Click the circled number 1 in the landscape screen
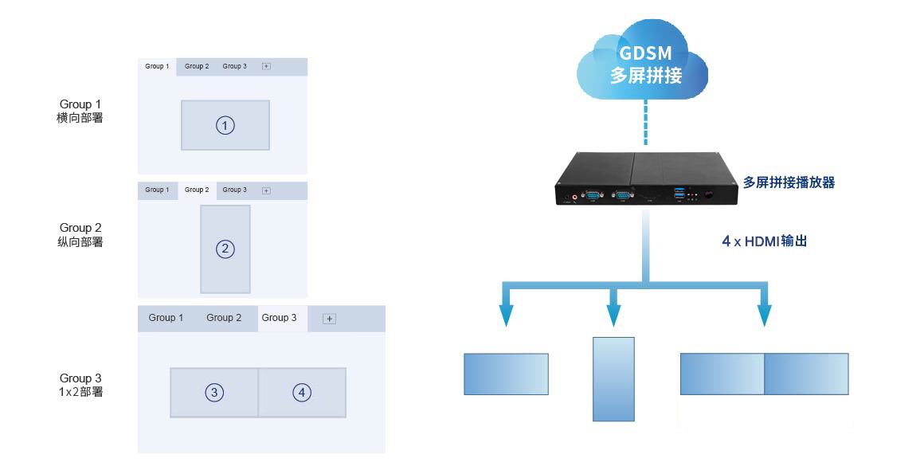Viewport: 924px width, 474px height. point(225,126)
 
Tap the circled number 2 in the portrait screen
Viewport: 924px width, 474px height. point(225,249)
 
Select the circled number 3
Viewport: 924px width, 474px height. point(214,393)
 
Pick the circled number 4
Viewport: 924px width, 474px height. point(302,393)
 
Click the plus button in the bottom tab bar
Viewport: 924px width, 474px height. point(330,319)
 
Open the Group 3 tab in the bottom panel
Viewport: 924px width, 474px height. point(280,318)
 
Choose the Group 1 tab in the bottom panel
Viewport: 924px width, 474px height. point(166,318)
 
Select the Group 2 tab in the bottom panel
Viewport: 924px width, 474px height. point(224,318)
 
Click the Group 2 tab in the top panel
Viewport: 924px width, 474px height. point(197,66)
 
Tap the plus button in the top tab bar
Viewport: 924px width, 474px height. point(266,66)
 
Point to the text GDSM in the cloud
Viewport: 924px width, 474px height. point(645,53)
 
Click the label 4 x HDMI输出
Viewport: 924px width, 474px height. point(765,241)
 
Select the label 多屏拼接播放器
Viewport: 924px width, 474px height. point(789,182)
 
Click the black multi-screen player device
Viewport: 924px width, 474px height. point(646,178)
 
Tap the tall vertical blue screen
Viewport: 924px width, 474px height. point(613,379)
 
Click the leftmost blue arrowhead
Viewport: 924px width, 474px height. point(506,315)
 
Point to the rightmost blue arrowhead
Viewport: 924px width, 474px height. point(765,315)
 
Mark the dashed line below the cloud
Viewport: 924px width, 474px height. point(646,122)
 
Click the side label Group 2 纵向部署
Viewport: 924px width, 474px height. point(80,235)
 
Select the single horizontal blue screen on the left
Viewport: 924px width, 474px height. point(506,374)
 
